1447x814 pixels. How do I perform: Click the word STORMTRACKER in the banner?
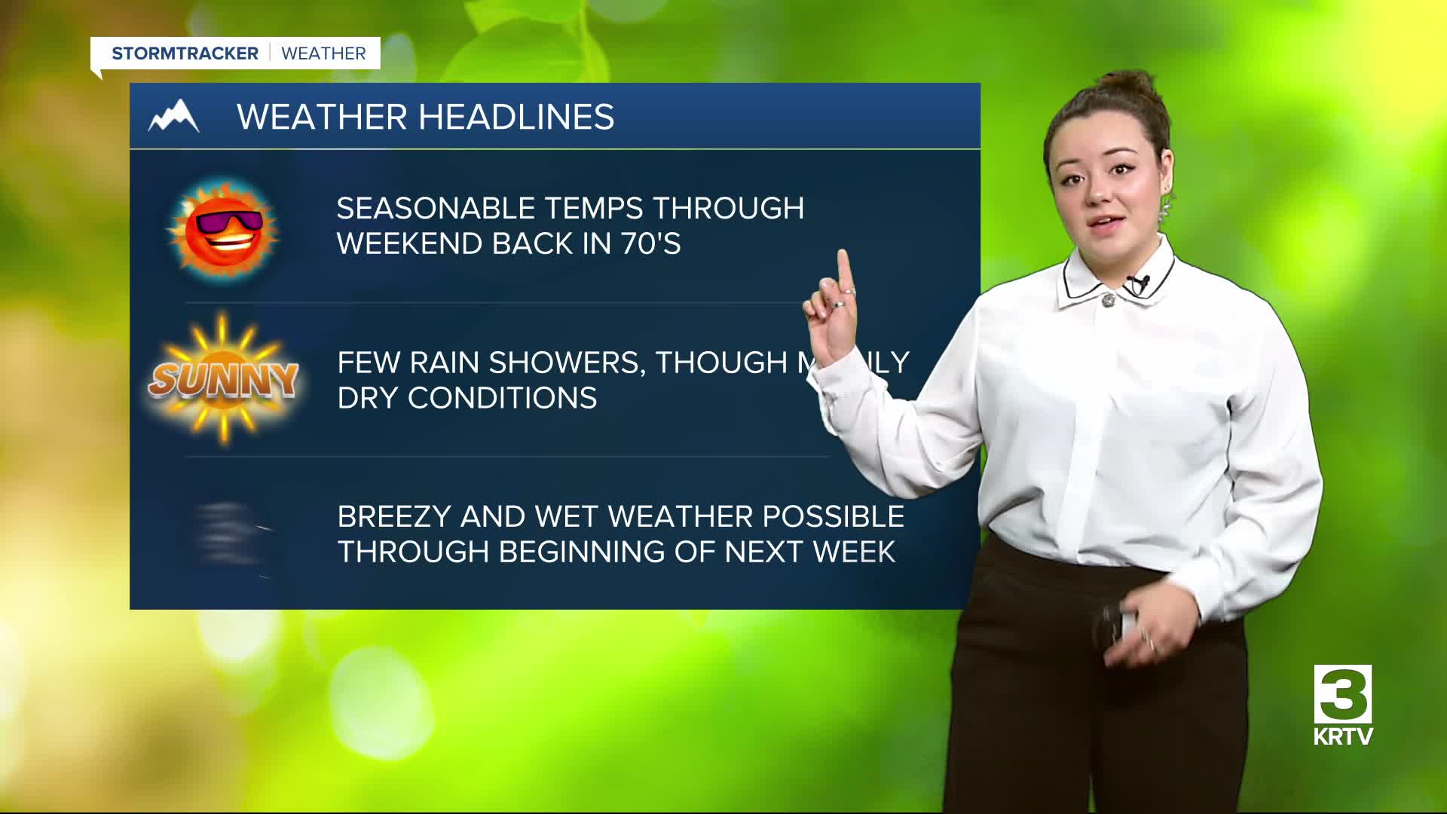click(185, 54)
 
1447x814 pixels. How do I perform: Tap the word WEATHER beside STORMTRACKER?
click(323, 54)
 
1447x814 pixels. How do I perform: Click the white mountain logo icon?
click(174, 116)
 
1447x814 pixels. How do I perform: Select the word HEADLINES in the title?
click(516, 117)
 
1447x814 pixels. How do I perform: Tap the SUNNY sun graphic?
click(223, 378)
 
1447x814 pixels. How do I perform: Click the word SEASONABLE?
click(436, 208)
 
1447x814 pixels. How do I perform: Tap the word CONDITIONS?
click(503, 398)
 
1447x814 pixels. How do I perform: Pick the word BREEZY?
click(393, 517)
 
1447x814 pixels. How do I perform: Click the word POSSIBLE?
click(833, 517)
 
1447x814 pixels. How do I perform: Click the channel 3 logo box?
click(1343, 693)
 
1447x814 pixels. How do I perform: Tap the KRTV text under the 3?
click(1343, 736)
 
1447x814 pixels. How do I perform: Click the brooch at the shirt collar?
click(1108, 300)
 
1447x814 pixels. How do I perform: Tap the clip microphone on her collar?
click(1138, 284)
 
